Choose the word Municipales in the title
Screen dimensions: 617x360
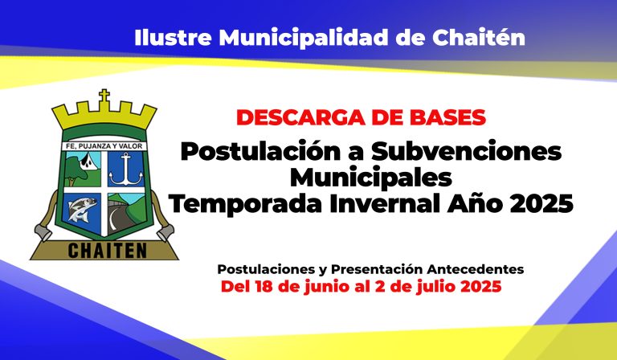370,178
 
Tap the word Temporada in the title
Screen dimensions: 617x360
246,204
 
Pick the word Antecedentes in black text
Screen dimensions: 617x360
476,269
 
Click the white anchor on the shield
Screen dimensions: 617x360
126,170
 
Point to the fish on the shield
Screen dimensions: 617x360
82,209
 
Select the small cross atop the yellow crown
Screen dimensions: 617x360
104,96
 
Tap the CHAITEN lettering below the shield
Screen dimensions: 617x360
108,251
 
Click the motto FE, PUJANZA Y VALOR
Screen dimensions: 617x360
104,146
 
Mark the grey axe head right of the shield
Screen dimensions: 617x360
165,232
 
